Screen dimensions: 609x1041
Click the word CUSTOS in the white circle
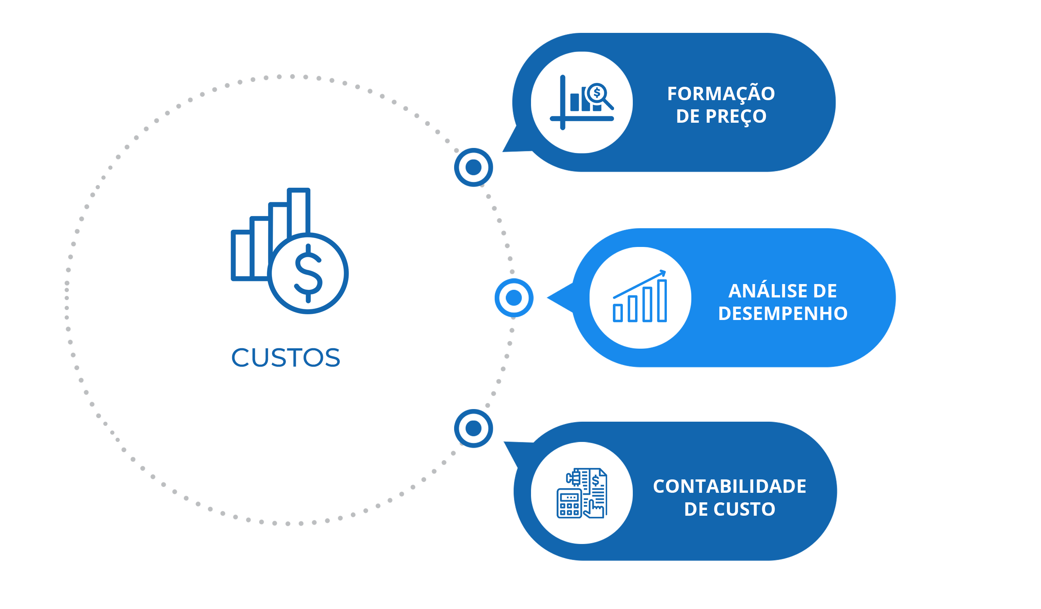pos(285,357)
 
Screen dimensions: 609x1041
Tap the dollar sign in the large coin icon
pos(308,273)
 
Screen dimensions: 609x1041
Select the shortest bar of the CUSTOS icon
pos(241,256)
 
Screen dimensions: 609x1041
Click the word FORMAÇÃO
pos(721,94)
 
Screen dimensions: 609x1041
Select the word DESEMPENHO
pos(783,314)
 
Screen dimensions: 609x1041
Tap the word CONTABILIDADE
pos(730,486)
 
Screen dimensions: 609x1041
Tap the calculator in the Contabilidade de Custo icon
pos(569,503)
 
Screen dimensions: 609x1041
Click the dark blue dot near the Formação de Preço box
pos(473,167)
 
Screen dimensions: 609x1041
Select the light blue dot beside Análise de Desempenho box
pos(514,298)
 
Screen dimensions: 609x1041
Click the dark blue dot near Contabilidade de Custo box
pos(473,428)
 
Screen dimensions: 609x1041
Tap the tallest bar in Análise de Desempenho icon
pos(662,300)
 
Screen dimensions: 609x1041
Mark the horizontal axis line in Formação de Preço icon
pos(582,119)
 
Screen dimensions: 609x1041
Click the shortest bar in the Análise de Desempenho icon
pos(617,313)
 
